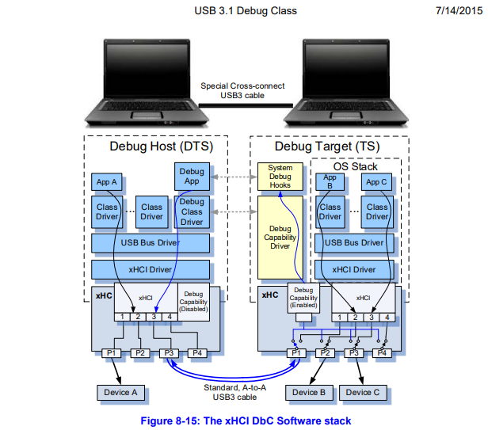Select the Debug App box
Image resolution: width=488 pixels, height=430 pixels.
(x=191, y=177)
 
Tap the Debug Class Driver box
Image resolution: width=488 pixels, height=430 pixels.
(x=191, y=212)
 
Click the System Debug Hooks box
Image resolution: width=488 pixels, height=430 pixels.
(x=280, y=177)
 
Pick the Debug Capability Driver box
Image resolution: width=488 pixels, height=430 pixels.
(x=280, y=235)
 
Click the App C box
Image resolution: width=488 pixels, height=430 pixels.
(x=377, y=182)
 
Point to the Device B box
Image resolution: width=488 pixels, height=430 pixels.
(x=310, y=392)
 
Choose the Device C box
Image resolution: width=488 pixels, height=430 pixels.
(x=364, y=392)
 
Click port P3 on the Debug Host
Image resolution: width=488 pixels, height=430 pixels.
(x=167, y=352)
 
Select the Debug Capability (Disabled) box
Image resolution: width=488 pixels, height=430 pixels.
(x=193, y=302)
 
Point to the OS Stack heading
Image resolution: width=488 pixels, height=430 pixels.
(x=353, y=166)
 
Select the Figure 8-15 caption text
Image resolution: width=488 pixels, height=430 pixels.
(x=245, y=420)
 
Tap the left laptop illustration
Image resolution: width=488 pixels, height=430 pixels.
(x=147, y=83)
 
